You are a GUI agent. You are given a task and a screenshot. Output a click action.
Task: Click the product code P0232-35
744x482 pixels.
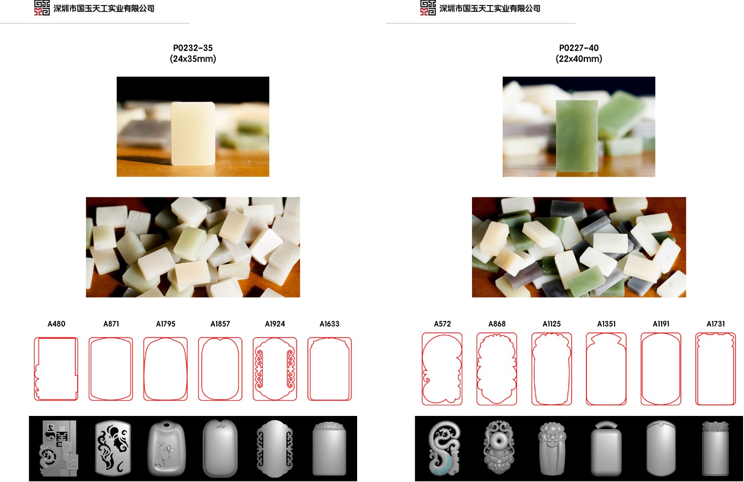tap(193, 48)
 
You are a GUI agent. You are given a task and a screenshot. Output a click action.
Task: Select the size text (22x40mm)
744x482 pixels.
tap(578, 59)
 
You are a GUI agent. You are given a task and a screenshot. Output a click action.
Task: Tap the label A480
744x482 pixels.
tap(56, 324)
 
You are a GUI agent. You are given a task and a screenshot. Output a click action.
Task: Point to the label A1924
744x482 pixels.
tap(275, 324)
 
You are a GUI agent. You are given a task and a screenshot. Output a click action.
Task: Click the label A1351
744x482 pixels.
tap(606, 324)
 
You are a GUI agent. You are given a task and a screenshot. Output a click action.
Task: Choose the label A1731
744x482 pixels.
tap(716, 324)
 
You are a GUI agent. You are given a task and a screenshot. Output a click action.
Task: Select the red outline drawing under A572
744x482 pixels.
tap(422, 369)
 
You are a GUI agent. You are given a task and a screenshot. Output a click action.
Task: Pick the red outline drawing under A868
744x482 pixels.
tap(477, 369)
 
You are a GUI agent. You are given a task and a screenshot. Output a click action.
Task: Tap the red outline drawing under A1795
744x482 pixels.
tap(144, 369)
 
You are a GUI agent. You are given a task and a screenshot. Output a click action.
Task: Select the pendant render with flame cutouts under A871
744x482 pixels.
tap(113, 448)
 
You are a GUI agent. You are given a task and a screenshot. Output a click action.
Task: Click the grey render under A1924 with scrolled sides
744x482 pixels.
tap(275, 449)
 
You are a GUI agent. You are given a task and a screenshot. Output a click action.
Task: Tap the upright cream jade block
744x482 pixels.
tap(193, 134)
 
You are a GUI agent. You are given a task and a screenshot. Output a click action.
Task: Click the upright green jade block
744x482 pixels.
tap(577, 136)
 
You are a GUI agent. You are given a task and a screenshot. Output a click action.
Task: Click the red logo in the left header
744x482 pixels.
tap(42, 7)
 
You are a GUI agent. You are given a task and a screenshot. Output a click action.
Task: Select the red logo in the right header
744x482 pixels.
tap(428, 7)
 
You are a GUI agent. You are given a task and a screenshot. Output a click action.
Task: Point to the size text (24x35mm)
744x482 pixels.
tap(193, 59)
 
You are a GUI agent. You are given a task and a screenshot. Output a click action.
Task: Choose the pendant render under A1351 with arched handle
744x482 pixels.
tap(606, 449)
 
